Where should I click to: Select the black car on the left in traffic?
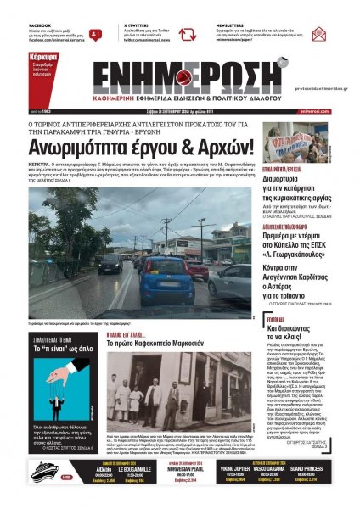tap(111, 263)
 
